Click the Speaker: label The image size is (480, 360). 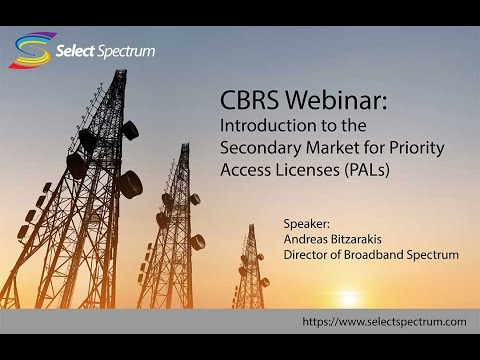click(307, 224)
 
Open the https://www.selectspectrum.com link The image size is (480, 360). click(384, 322)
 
